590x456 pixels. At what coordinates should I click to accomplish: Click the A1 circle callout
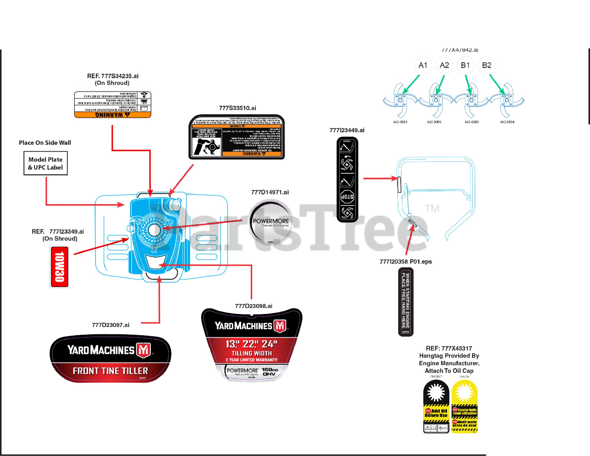423,65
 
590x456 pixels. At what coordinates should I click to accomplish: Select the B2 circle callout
487,65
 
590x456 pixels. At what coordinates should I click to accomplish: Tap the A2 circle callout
444,65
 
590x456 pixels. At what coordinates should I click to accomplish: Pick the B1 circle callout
466,65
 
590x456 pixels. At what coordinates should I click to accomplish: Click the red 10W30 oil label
59,267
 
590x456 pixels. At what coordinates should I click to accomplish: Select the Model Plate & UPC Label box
46,164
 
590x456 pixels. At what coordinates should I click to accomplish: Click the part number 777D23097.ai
111,325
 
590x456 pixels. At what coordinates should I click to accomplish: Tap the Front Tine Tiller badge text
110,371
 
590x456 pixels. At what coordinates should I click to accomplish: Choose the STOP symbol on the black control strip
347,197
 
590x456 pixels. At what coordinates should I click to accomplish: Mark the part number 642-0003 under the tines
400,122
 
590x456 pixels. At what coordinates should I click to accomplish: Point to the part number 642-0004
507,122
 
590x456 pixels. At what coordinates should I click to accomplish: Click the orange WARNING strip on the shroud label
112,115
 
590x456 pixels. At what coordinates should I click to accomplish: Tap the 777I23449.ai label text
347,130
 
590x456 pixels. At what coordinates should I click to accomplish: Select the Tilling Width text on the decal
252,353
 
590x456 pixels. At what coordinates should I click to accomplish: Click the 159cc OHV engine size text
270,372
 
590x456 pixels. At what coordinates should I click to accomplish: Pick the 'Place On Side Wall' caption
45,143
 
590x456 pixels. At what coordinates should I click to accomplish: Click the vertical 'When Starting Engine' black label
406,302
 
